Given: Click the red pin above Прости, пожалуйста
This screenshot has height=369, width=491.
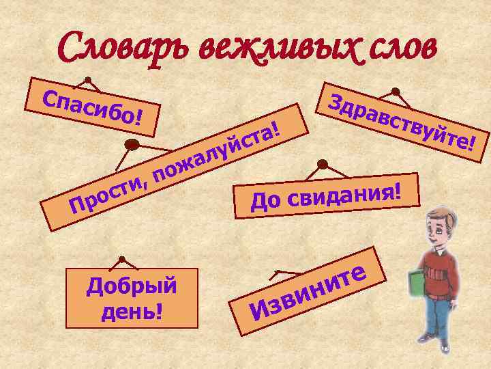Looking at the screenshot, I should point(134,145).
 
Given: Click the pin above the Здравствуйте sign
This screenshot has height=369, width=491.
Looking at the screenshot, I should point(395,92).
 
